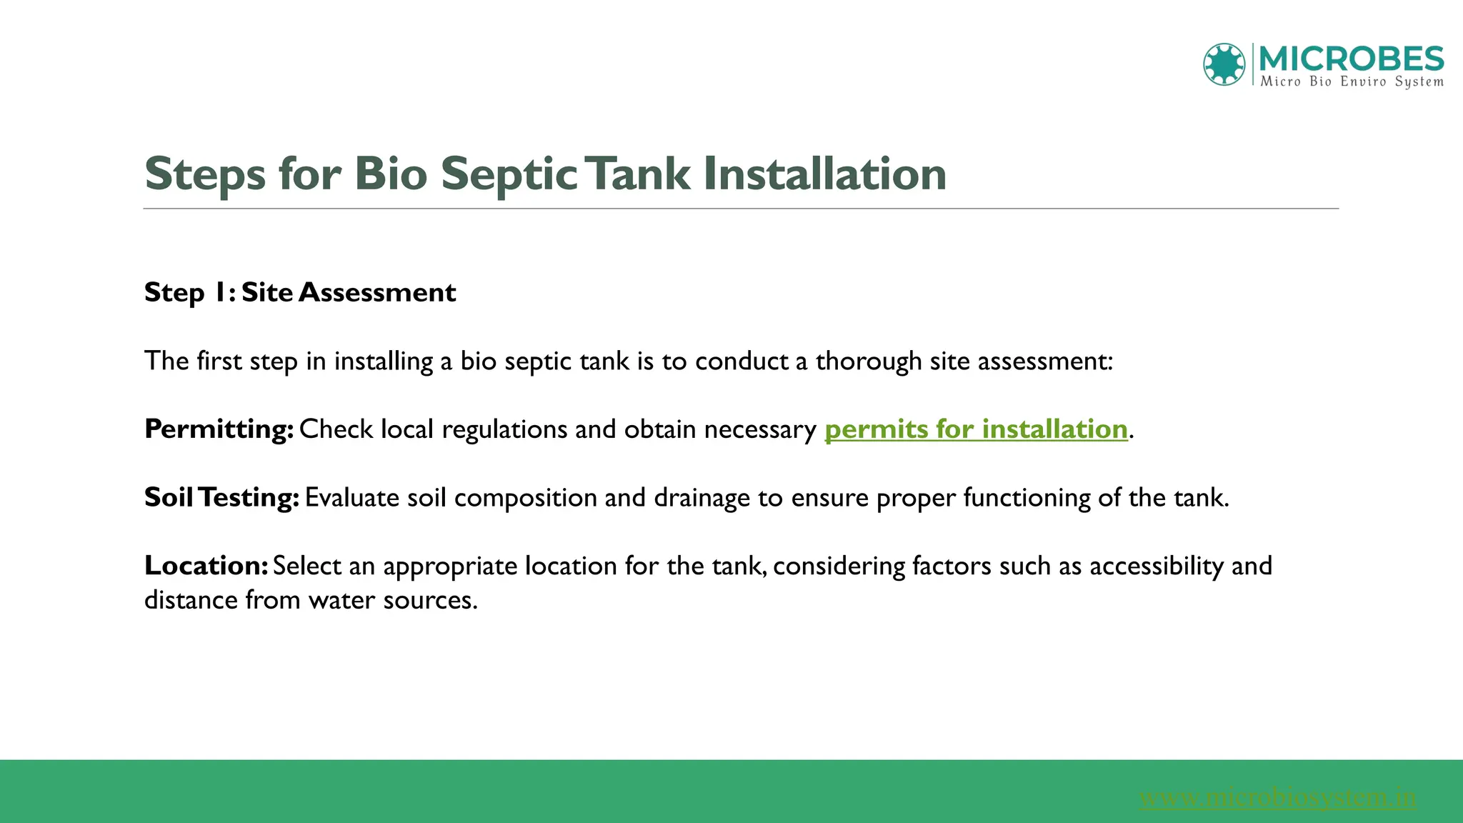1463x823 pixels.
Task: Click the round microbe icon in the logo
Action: click(1224, 64)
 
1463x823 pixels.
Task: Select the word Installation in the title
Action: click(824, 174)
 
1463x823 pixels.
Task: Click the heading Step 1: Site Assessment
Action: click(300, 292)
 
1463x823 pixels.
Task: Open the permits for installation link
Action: click(976, 429)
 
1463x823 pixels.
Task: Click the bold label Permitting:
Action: click(219, 429)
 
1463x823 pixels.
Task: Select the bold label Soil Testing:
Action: click(221, 497)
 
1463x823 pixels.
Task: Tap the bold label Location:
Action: click(206, 566)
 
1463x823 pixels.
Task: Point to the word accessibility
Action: click(1157, 566)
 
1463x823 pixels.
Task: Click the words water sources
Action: click(392, 600)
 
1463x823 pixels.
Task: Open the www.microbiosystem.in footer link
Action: click(1277, 797)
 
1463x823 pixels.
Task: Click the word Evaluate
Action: click(352, 497)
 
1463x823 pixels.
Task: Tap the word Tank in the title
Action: click(640, 174)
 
